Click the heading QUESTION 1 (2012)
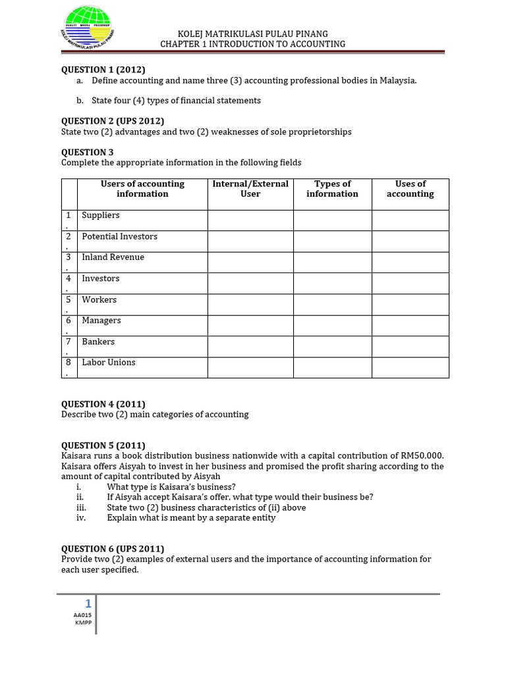tap(103, 70)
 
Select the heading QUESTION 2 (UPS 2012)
tap(112, 121)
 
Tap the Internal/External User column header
tap(250, 189)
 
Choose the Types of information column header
tap(332, 189)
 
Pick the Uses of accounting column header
tap(410, 189)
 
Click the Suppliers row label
tap(101, 215)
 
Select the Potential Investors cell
tap(119, 236)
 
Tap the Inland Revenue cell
tap(113, 257)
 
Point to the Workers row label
tap(99, 299)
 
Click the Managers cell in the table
tap(101, 321)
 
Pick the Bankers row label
tap(98, 342)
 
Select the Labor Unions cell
tap(109, 363)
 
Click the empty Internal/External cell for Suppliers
tap(250, 220)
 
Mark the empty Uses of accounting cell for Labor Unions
tap(410, 368)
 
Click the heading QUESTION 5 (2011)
tap(103, 446)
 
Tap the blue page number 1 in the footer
tap(88, 604)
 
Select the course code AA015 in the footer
tap(82, 615)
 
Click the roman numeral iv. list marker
tap(81, 518)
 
